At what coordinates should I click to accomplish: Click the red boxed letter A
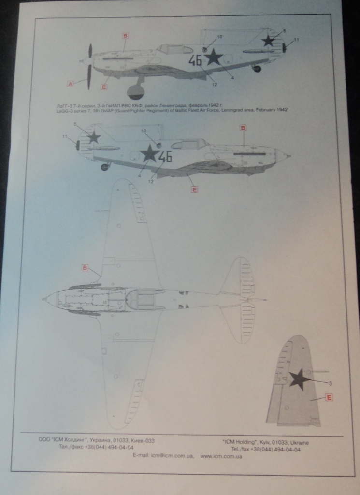click(x=70, y=84)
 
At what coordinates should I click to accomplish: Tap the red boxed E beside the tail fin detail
click(x=329, y=398)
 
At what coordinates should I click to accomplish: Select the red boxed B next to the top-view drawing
click(x=85, y=267)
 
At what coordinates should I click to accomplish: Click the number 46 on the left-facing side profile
click(x=195, y=60)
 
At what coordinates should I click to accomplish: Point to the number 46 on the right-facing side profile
click(x=165, y=156)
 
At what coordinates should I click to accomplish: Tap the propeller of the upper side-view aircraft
click(x=89, y=66)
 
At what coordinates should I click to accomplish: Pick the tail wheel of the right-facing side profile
click(x=104, y=167)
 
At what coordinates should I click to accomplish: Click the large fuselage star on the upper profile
click(x=213, y=58)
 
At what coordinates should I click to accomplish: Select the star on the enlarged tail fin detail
click(x=299, y=379)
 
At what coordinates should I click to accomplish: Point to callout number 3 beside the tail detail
click(x=331, y=383)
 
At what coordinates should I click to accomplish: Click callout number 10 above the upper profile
click(x=220, y=37)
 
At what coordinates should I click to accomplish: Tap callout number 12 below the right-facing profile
click(x=151, y=181)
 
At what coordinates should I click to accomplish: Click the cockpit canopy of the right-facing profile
click(x=189, y=144)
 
